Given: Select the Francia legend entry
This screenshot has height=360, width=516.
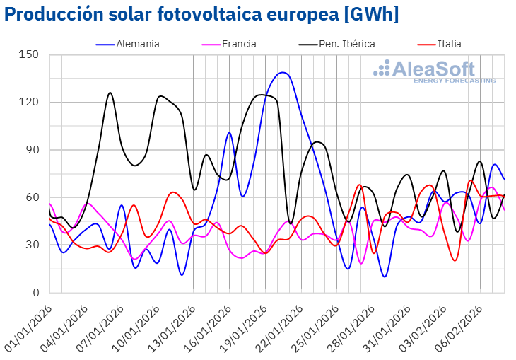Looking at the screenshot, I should point(238,44).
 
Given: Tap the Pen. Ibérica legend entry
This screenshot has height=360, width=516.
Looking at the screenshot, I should point(346,44).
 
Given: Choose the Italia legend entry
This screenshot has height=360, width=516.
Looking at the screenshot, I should point(449,44).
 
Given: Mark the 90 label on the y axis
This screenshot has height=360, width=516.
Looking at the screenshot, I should point(32,150).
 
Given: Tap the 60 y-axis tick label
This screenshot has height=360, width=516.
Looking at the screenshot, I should point(32,197).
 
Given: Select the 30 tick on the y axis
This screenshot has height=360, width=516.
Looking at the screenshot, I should point(32,245).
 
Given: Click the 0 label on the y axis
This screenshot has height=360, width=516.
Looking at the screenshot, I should point(35,293).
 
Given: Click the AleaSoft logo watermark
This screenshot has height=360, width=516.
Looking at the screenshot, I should point(434,71).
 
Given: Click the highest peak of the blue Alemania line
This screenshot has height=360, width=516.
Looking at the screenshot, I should point(283,72).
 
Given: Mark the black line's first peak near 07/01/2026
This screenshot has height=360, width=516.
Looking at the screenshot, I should point(110,93).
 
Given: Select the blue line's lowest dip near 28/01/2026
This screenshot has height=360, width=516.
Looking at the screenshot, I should point(384,277).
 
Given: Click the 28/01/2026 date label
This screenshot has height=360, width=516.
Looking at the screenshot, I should point(353,323).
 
